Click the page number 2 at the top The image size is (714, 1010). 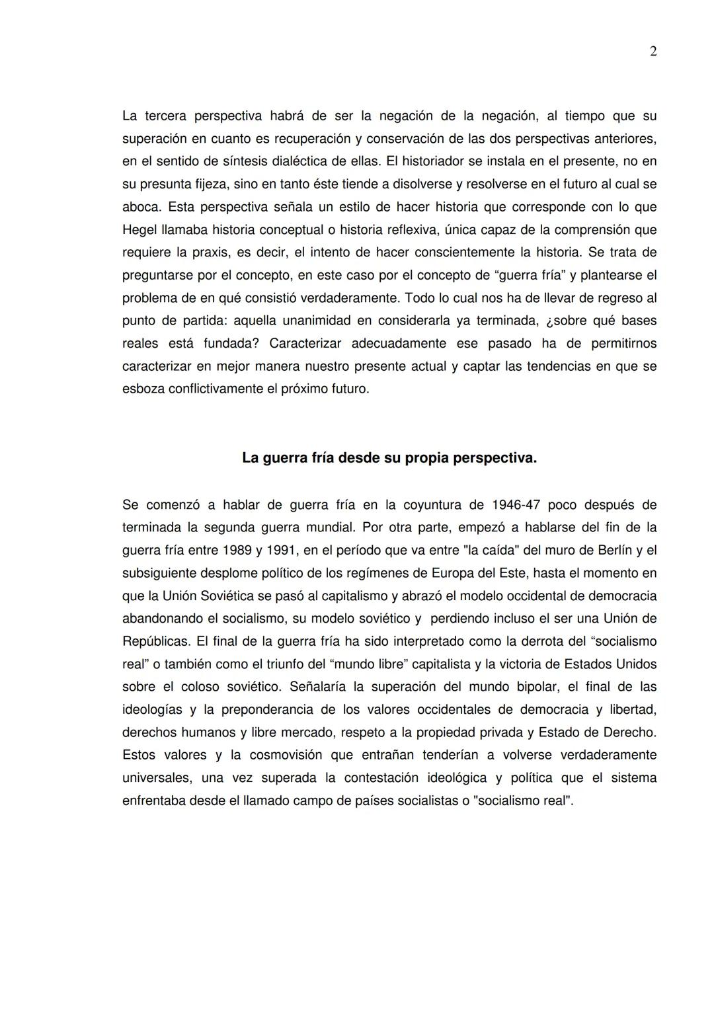(653, 52)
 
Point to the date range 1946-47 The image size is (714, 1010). (516, 505)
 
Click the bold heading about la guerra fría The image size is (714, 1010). (389, 457)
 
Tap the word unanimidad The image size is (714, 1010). (319, 321)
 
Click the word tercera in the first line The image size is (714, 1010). (165, 116)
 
